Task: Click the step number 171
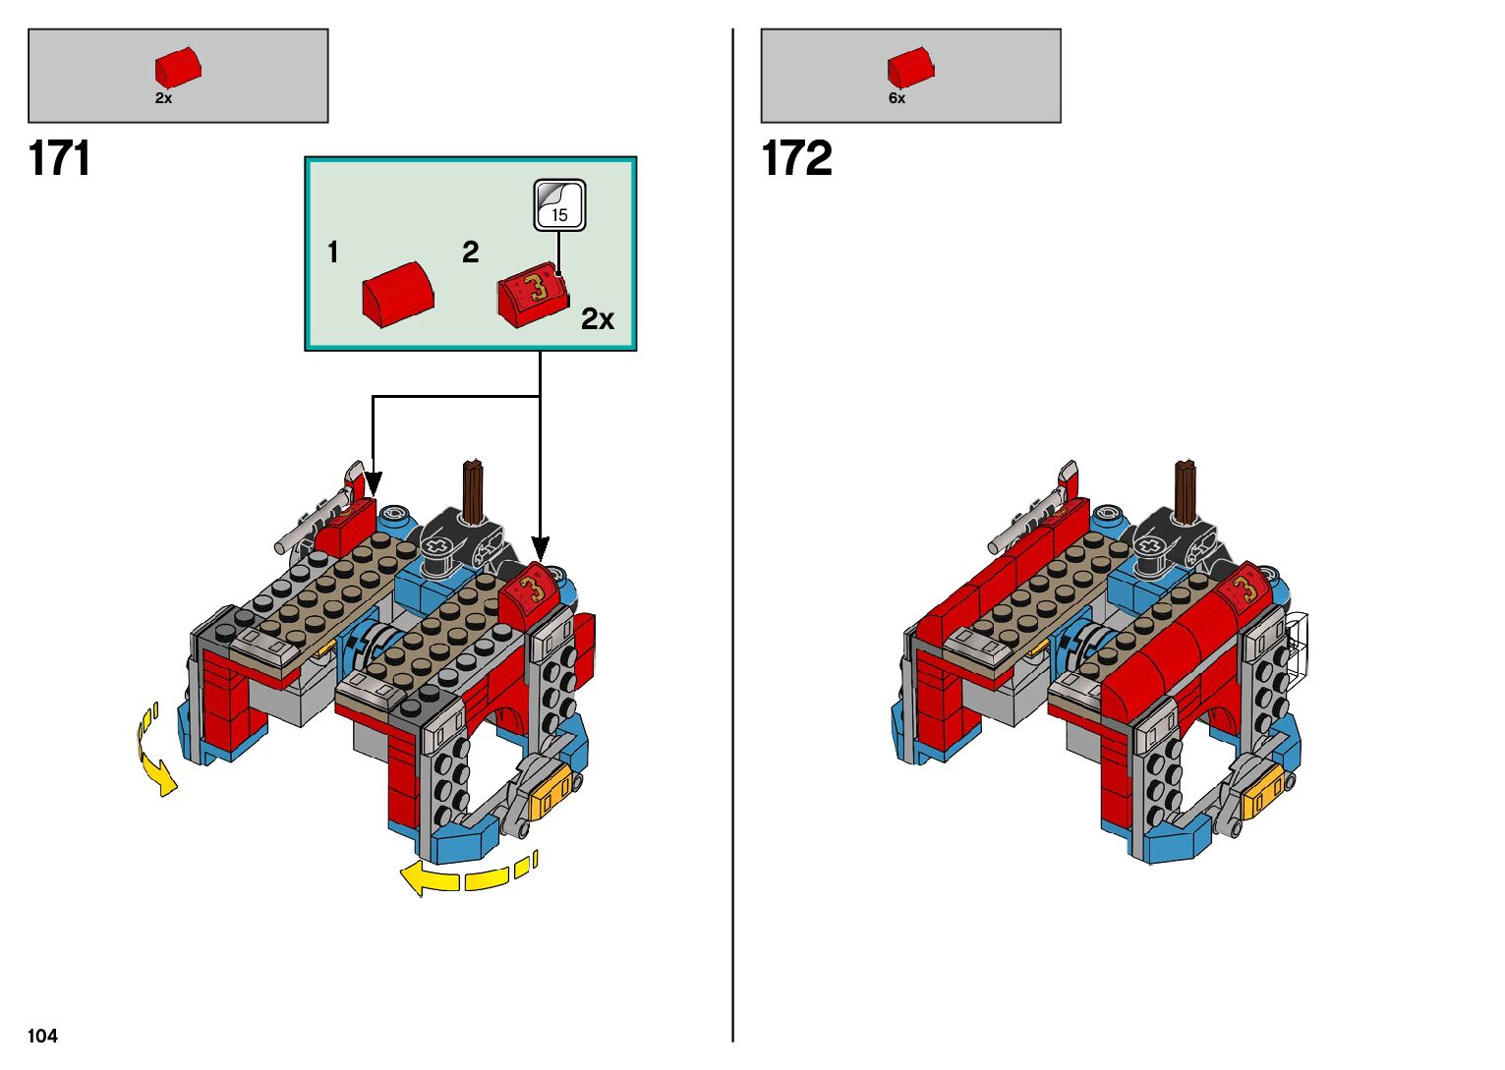[x=59, y=158]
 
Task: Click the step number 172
[x=797, y=158]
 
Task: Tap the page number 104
[x=42, y=1036]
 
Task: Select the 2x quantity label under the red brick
[x=163, y=98]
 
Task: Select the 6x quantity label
[x=897, y=98]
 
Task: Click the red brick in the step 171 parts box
[x=178, y=67]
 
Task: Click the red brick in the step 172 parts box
[x=910, y=67]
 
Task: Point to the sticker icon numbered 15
[x=559, y=205]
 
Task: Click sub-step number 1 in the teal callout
[x=332, y=253]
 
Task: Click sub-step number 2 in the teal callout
[x=470, y=253]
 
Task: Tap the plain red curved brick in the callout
[x=398, y=294]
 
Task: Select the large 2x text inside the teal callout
[x=598, y=318]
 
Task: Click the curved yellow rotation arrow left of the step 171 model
[x=154, y=749]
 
